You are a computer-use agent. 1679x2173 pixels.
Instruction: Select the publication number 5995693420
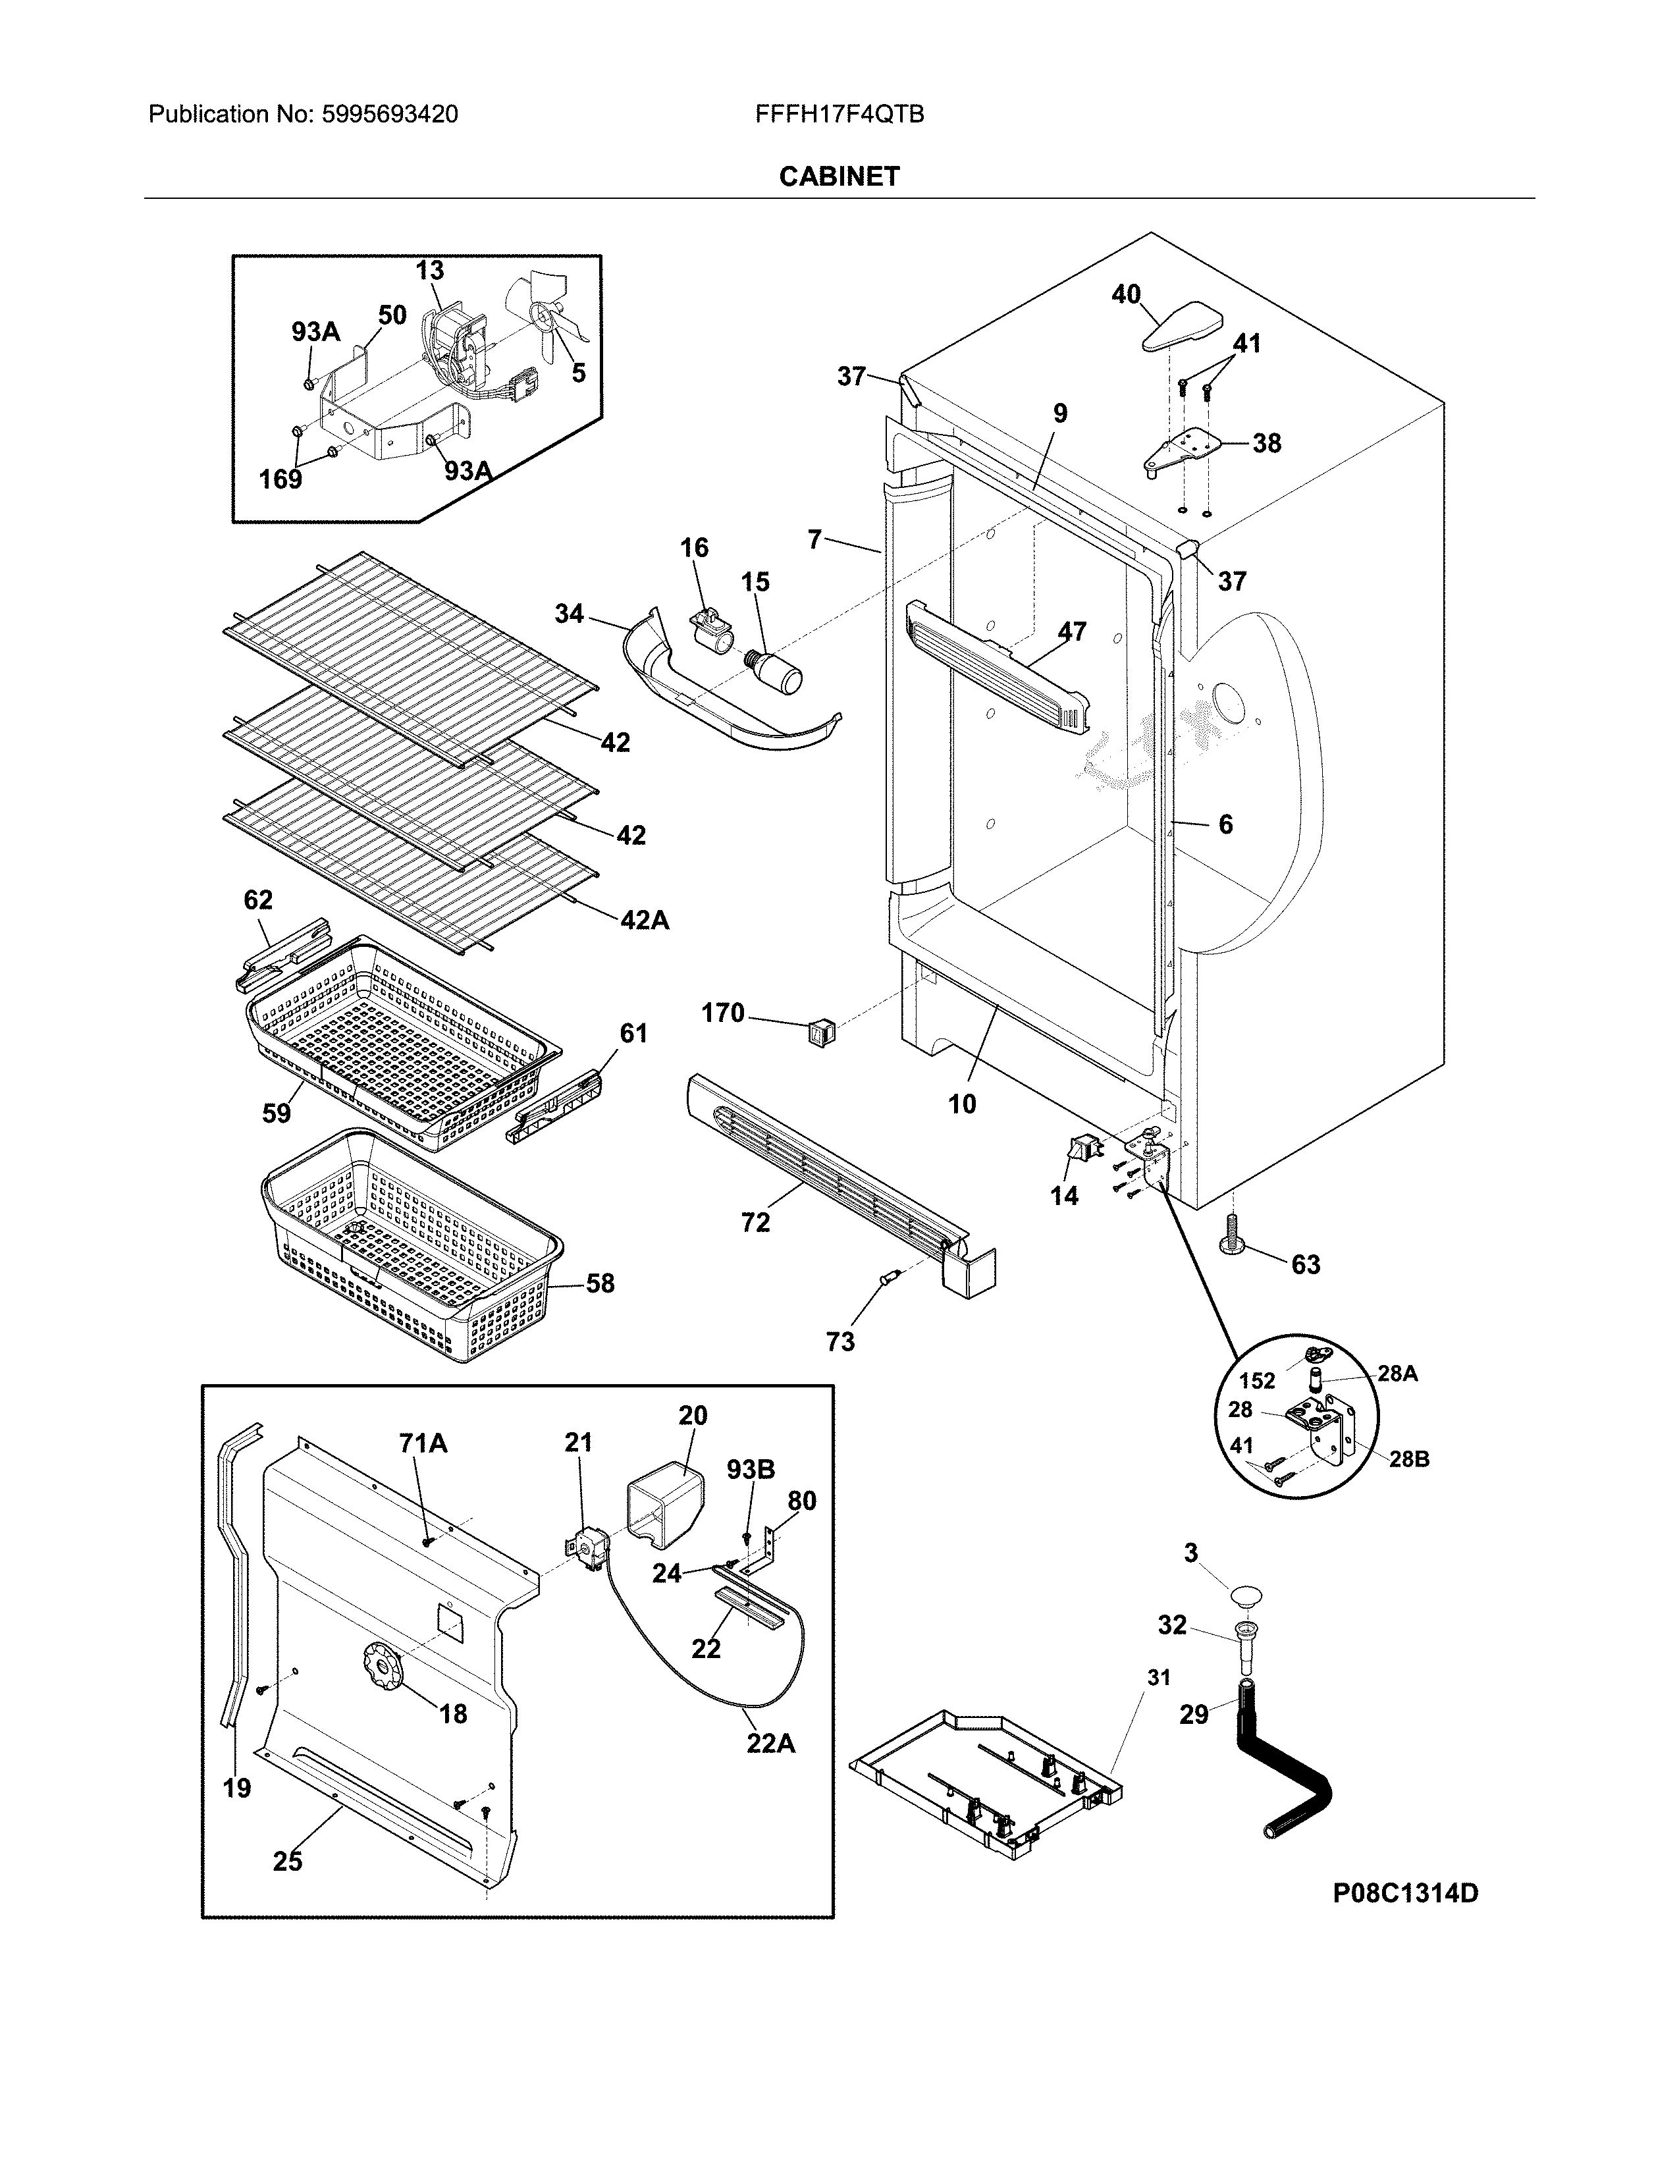pos(389,115)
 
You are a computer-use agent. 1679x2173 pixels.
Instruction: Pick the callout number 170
pos(723,1013)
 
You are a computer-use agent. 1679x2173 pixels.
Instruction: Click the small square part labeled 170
pos(822,1033)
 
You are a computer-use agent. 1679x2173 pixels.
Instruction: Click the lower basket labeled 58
pos(408,1244)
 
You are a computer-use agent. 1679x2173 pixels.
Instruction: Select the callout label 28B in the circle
pos(1408,1460)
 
